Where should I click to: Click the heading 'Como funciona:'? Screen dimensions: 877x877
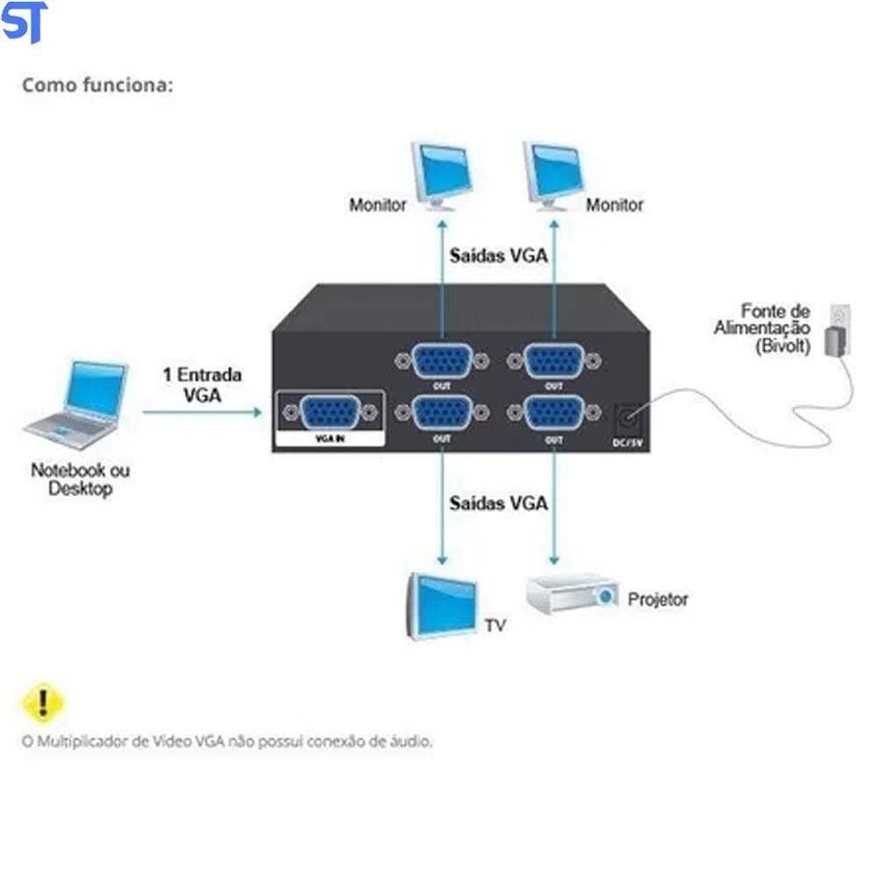(97, 85)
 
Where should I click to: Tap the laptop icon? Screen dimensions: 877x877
(77, 403)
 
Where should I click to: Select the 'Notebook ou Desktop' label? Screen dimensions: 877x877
(80, 479)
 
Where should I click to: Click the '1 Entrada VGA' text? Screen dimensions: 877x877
(203, 384)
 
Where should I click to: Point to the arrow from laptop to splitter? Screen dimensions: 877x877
(203, 410)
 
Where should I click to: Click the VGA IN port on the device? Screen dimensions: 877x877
(329, 413)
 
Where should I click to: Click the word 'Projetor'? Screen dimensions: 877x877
(658, 600)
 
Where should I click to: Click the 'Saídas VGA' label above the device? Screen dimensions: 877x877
(498, 256)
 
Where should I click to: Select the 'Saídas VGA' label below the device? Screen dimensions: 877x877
(498, 503)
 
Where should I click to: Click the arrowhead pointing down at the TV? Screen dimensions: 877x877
(442, 560)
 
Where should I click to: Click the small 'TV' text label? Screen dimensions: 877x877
(495, 625)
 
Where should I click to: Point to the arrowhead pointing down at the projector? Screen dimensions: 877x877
(553, 560)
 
